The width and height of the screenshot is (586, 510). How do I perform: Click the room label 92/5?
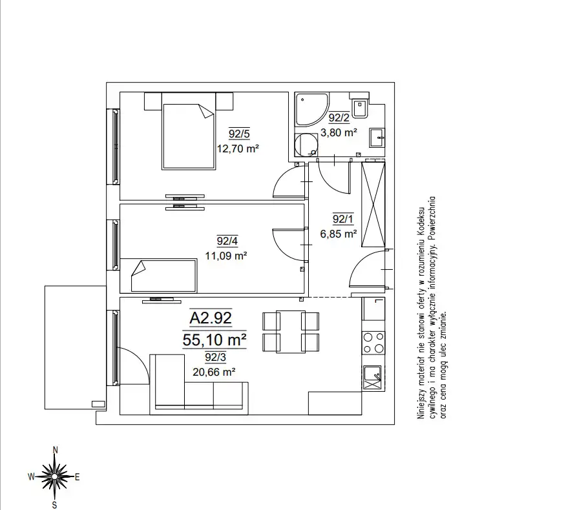tap(239, 133)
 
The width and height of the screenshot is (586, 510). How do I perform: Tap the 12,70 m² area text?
tap(238, 148)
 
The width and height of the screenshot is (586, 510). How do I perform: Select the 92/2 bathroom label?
tap(339, 118)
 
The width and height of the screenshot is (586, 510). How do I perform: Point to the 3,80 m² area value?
tap(339, 132)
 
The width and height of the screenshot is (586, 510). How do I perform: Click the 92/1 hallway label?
tap(342, 219)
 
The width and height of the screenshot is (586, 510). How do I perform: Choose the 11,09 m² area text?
tap(225, 256)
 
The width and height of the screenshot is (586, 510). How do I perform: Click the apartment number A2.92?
tap(211, 318)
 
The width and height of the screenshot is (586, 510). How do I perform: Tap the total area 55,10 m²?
tap(214, 340)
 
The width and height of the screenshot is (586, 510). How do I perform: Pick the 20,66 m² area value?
tap(214, 372)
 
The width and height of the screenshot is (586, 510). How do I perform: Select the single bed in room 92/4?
tap(163, 276)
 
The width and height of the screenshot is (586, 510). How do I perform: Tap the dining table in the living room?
tap(291, 332)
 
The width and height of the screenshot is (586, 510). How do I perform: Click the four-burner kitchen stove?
tap(373, 343)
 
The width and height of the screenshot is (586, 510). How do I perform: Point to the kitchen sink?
tap(372, 378)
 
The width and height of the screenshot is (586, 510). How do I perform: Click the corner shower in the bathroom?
tap(311, 109)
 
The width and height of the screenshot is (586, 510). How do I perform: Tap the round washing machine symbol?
tap(306, 145)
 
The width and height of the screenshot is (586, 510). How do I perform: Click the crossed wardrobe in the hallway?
tap(373, 204)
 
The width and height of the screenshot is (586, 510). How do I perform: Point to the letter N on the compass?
tap(56, 450)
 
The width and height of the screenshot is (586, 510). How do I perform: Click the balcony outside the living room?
tap(75, 347)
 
